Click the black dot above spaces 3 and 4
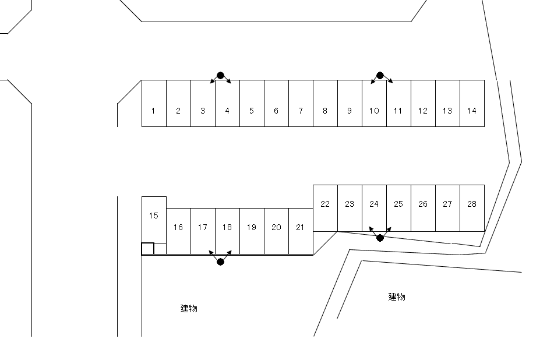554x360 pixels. coord(220,75)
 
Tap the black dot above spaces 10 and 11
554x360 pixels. coord(380,75)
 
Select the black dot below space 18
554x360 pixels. coord(220,262)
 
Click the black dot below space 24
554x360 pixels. coord(380,238)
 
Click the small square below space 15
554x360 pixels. coord(148,249)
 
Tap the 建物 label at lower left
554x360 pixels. coord(189,309)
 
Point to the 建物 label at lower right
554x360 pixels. coord(397,297)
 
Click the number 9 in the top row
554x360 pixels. coord(350,111)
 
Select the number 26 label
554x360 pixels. coord(423,204)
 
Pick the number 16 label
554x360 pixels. coord(178,227)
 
